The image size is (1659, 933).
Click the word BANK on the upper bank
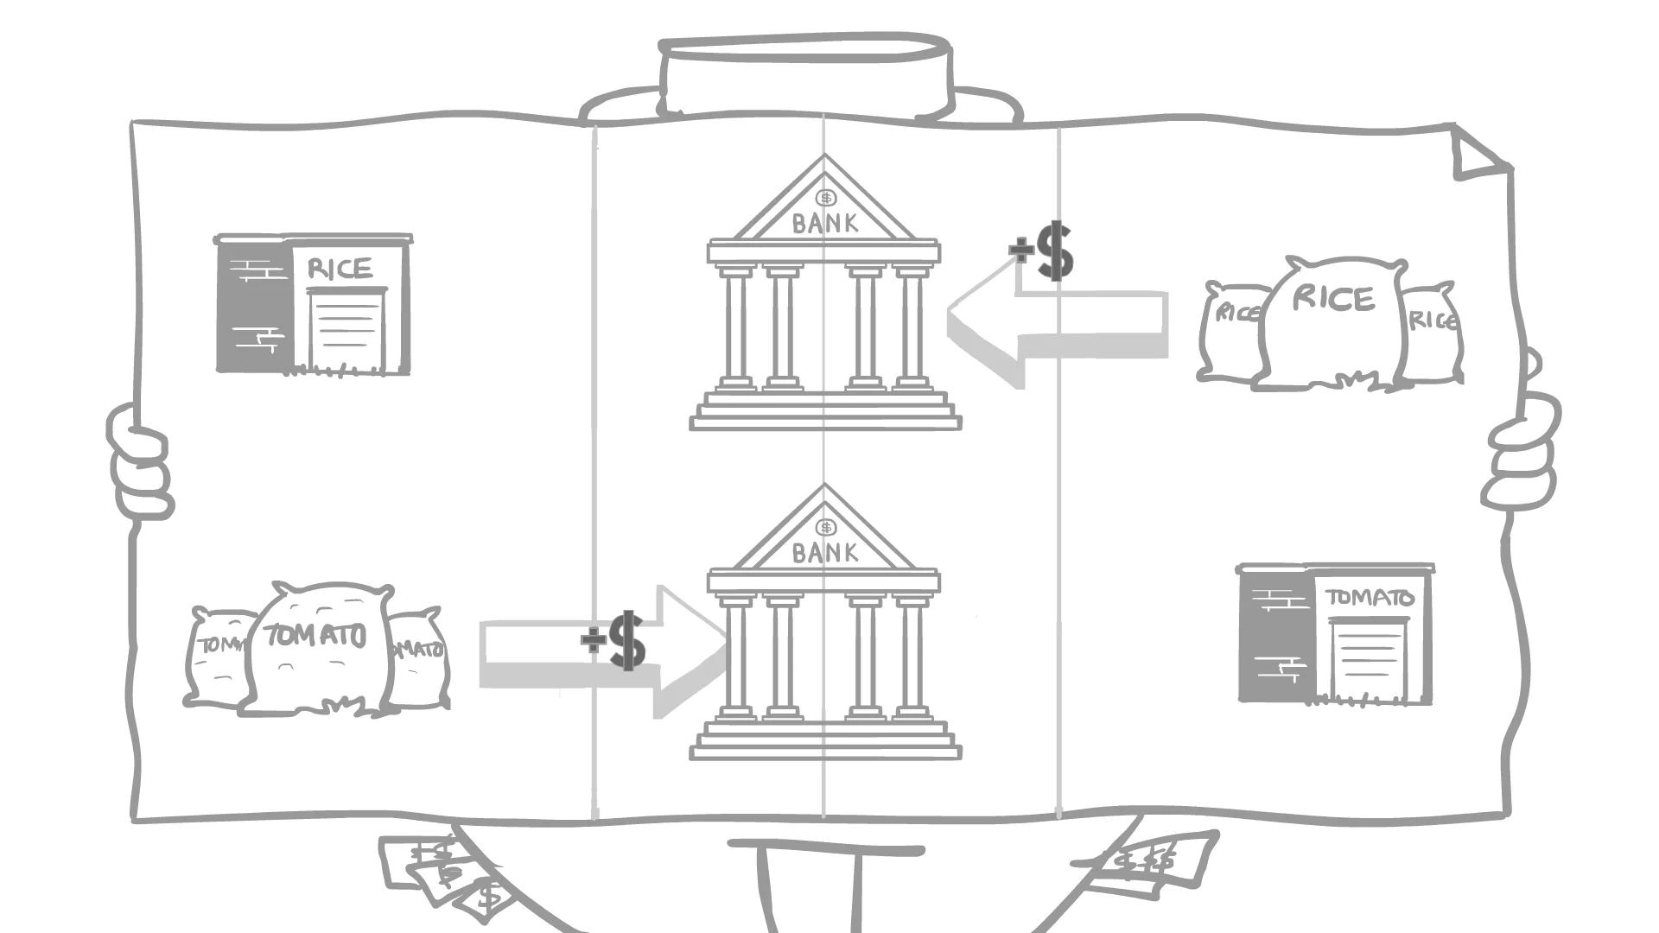click(x=825, y=224)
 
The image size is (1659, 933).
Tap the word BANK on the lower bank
click(x=825, y=553)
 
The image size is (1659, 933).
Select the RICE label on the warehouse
click(x=340, y=269)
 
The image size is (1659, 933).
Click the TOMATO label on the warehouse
click(x=1370, y=597)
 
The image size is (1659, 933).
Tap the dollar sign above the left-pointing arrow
click(x=1054, y=251)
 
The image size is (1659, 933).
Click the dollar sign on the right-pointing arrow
click(x=626, y=640)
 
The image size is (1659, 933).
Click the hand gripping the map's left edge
click(x=138, y=462)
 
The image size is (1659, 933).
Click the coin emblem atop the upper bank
click(x=827, y=198)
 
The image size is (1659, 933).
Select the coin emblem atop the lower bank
click(x=827, y=527)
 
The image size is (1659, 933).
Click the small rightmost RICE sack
click(x=1430, y=333)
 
